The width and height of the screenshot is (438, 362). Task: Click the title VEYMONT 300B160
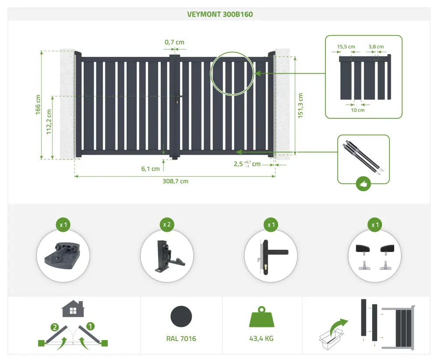pos(220,14)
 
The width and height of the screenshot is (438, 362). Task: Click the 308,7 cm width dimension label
pos(176,181)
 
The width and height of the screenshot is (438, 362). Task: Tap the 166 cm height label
pos(38,105)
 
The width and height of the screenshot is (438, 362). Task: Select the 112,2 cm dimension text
pos(49,122)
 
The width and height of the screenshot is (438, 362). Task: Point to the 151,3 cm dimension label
pos(300,105)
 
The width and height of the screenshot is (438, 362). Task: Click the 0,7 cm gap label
pos(174,42)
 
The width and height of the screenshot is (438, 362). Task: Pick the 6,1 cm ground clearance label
pos(150,169)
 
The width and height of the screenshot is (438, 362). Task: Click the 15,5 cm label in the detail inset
pos(346,47)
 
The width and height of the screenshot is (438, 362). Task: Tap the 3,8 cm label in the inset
pos(376,47)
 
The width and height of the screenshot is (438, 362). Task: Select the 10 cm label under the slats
pos(358,110)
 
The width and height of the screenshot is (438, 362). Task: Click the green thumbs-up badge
pos(364,184)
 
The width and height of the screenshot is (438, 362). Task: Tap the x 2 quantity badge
pos(167,224)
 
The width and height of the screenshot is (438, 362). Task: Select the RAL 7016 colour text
pos(181,338)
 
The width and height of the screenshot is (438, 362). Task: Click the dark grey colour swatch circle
pos(181,316)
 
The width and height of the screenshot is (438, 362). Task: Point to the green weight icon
pos(262,317)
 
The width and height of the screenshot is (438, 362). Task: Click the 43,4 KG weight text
pos(261,338)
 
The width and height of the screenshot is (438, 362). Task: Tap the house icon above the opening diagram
pos(73,309)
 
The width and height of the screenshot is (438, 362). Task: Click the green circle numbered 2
pos(54,327)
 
